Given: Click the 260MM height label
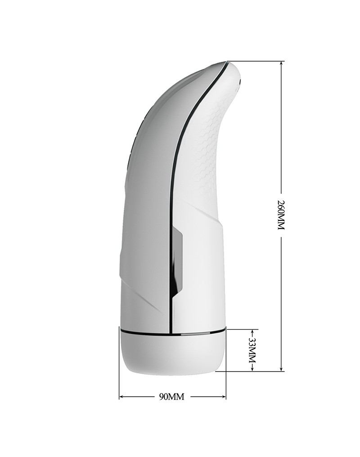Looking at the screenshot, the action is point(280,215).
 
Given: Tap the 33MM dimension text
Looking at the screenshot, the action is point(252,350).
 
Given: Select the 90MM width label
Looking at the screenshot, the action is point(172,397).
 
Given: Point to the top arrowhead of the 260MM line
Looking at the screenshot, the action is point(281,63).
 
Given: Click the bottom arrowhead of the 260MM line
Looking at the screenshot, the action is point(281,369).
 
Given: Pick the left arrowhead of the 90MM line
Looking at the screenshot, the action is point(121,397).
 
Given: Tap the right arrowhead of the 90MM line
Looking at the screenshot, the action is point(224,397).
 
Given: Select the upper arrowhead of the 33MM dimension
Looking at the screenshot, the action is point(252,332).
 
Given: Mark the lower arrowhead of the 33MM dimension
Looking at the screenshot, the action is point(252,369).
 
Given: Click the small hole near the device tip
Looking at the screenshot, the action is point(240,82).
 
